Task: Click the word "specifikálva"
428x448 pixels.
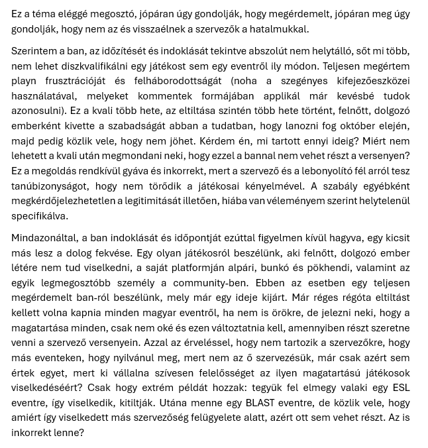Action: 40,216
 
